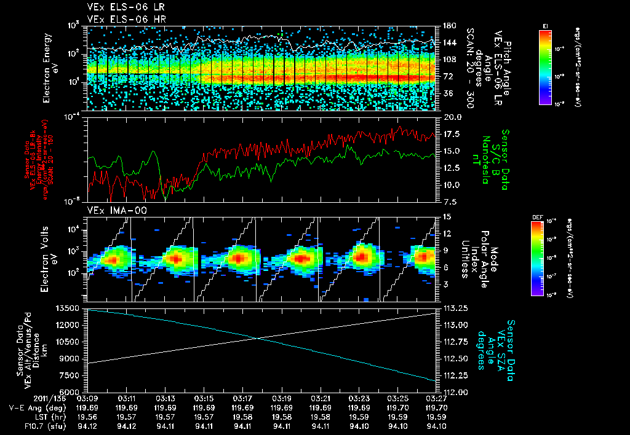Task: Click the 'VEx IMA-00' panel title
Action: [x=109, y=210]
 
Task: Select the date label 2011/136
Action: [x=22, y=398]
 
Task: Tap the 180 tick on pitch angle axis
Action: [x=448, y=26]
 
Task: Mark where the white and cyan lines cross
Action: [x=258, y=339]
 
